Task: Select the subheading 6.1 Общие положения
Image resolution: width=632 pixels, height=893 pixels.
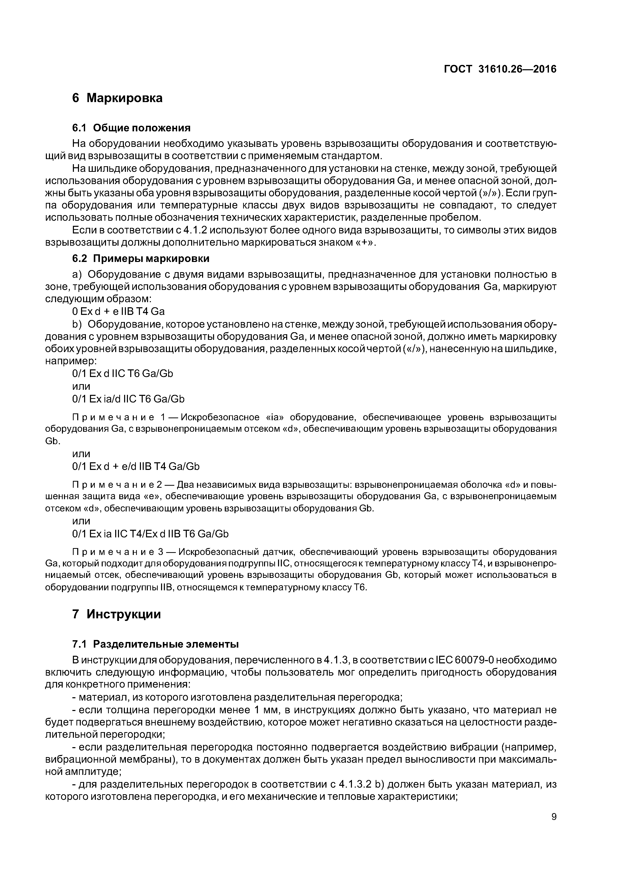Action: [x=131, y=128]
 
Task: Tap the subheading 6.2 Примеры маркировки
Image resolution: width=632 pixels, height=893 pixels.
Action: [x=141, y=258]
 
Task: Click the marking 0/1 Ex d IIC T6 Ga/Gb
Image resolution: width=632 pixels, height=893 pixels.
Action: [x=123, y=373]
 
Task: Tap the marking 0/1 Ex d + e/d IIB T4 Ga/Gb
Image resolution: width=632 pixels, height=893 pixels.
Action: [x=136, y=466]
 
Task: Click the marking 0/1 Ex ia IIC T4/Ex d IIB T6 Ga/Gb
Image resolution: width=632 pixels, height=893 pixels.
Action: [x=150, y=534]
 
